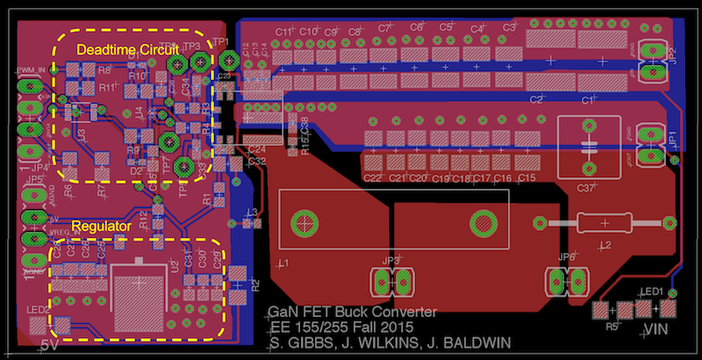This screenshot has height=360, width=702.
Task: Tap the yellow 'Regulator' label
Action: (102, 226)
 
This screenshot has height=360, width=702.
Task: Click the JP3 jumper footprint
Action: (391, 281)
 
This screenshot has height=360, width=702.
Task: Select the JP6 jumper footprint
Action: (567, 281)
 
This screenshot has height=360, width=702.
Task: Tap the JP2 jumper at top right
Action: (652, 62)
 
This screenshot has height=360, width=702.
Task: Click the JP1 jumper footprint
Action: (651, 145)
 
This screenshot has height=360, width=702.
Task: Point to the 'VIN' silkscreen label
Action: (657, 329)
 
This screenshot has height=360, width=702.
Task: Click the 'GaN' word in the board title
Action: (283, 312)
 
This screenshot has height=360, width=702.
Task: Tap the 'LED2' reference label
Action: (38, 310)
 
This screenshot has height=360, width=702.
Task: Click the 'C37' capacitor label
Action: (587, 187)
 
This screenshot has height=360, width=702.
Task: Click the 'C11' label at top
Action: (283, 31)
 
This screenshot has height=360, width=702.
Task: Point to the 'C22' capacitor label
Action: (373, 178)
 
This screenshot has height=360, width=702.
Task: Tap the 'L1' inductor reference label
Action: (283, 263)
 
